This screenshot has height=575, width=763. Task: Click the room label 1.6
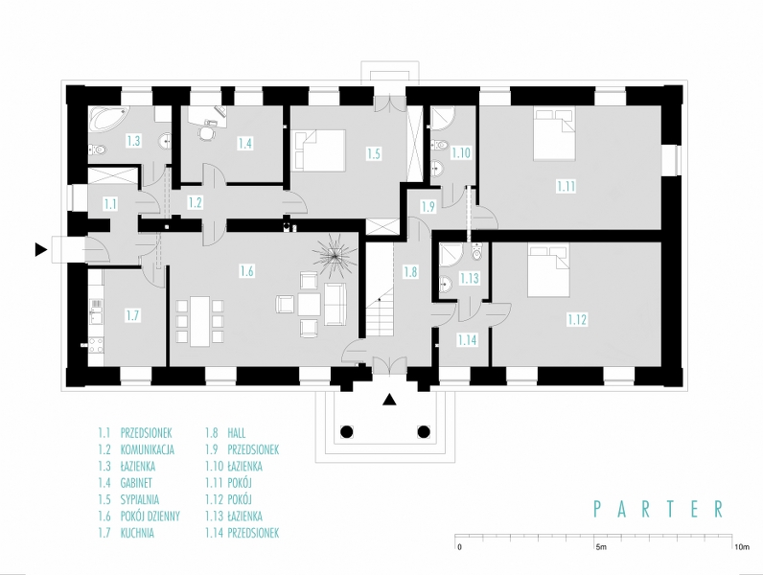pyautogui.click(x=246, y=270)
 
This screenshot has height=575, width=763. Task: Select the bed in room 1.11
pyautogui.click(x=554, y=134)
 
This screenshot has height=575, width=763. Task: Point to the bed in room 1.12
pyautogui.click(x=549, y=270)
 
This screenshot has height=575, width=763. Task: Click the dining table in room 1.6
pyautogui.click(x=199, y=321)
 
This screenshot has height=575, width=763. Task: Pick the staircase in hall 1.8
pyautogui.click(x=379, y=316)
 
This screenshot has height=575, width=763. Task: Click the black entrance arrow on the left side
pyautogui.click(x=41, y=250)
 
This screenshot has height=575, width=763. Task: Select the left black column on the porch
pyautogui.click(x=346, y=431)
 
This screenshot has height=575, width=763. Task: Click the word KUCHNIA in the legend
pyautogui.click(x=137, y=533)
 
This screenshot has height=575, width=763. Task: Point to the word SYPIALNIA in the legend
pyautogui.click(x=139, y=499)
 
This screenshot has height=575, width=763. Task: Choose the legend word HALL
pyautogui.click(x=236, y=433)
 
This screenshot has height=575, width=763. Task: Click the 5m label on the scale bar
pyautogui.click(x=601, y=547)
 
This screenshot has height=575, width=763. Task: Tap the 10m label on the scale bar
pyautogui.click(x=742, y=547)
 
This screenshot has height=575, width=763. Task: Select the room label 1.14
pyautogui.click(x=467, y=340)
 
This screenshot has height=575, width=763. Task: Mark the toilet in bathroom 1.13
pyautogui.click(x=476, y=252)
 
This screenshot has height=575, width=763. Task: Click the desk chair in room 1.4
pyautogui.click(x=207, y=133)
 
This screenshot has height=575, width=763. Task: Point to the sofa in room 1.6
pyautogui.click(x=334, y=304)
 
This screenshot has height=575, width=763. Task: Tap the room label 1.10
pyautogui.click(x=461, y=152)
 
